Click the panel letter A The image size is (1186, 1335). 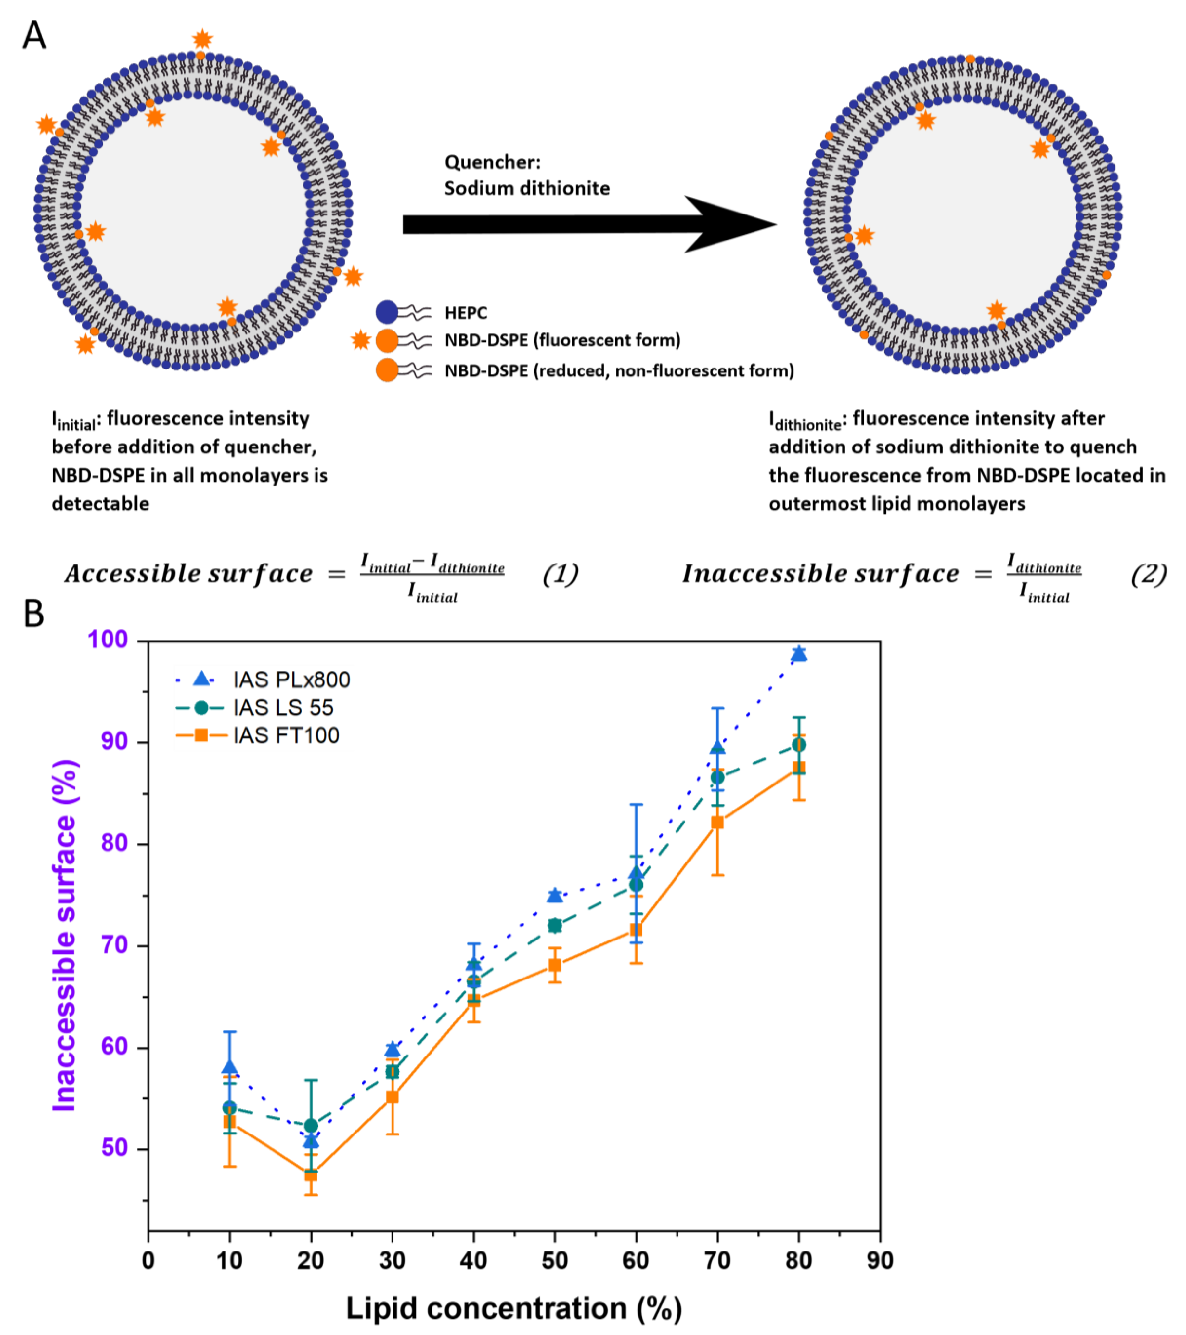(34, 36)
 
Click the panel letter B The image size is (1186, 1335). (34, 614)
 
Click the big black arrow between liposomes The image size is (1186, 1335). (588, 224)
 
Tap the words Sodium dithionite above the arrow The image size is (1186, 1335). (527, 188)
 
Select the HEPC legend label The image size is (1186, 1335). (466, 313)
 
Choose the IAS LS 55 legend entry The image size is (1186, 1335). (283, 707)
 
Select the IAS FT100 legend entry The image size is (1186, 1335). (286, 735)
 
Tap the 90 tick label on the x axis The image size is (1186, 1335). (879, 1261)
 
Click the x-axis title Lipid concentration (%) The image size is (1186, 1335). (513, 1308)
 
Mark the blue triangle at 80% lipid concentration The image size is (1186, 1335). (798, 654)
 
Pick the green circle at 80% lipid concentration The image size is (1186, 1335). (798, 745)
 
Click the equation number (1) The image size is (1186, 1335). (561, 574)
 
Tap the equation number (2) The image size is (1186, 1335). (1148, 574)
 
